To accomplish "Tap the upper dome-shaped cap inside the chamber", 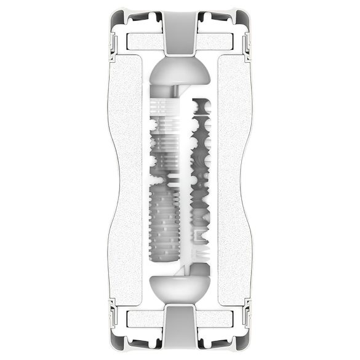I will pyautogui.click(x=180, y=72).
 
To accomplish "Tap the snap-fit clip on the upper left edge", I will pyautogui.click(x=113, y=43).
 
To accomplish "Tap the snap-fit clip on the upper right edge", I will pyautogui.click(x=247, y=43).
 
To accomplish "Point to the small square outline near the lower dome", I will pyautogui.click(x=199, y=236).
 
